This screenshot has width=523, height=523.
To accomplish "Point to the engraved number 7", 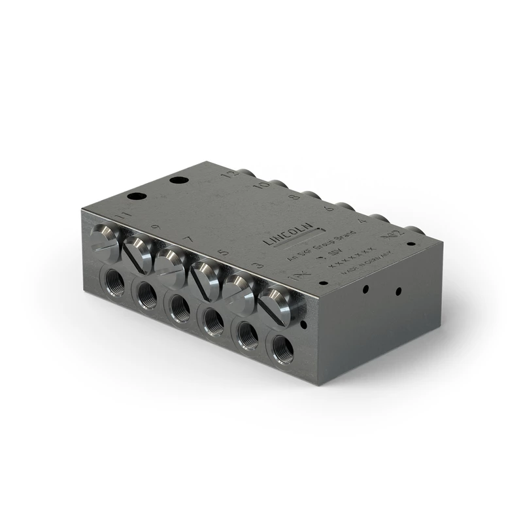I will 188,240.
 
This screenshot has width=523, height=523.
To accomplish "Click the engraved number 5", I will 222,252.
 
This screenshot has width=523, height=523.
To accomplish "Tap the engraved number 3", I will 257,265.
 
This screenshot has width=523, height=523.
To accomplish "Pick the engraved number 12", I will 228,175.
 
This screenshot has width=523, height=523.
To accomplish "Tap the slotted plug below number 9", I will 138,251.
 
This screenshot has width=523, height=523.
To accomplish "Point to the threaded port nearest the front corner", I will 282,347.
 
